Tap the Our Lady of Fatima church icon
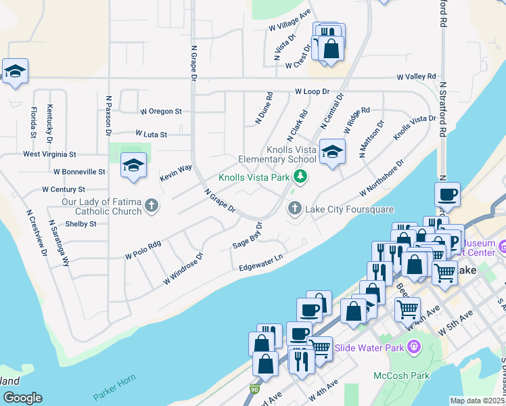152,206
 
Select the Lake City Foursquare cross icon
294,208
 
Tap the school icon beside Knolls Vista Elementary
331,151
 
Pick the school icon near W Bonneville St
133,165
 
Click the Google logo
22,398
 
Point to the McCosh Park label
392,375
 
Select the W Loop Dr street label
312,91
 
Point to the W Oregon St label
160,111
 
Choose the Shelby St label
80,223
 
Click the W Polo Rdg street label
143,250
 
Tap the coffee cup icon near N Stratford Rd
447,195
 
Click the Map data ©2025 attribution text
477,401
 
